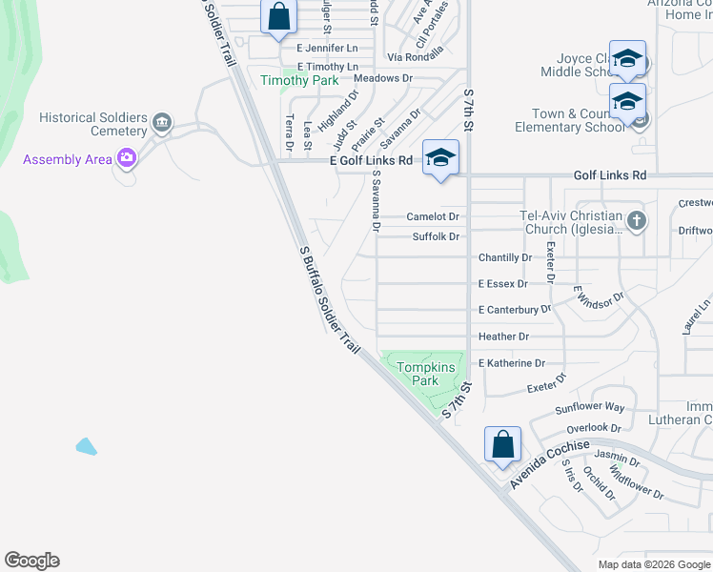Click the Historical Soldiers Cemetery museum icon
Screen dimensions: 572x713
(x=162, y=122)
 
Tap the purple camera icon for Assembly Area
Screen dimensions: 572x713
(x=126, y=158)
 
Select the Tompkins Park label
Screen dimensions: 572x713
(x=418, y=374)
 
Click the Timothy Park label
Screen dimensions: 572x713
(x=300, y=81)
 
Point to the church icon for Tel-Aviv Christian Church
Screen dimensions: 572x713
(x=637, y=222)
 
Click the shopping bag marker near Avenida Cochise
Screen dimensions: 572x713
(x=502, y=444)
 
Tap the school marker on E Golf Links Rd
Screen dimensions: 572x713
(x=440, y=158)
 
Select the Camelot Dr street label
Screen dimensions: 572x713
(x=434, y=216)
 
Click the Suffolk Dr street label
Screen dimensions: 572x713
(x=436, y=236)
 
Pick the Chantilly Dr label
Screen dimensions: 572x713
(x=505, y=258)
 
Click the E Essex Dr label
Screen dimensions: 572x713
(x=502, y=284)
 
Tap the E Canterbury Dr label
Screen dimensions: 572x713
(x=515, y=310)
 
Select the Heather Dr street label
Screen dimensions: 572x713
(x=503, y=337)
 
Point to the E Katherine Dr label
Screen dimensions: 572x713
(x=512, y=363)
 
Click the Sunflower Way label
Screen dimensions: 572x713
(x=590, y=407)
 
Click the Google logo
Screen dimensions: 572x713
(x=31, y=561)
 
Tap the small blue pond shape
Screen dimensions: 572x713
(x=86, y=445)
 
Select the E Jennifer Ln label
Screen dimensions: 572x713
(x=327, y=48)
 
